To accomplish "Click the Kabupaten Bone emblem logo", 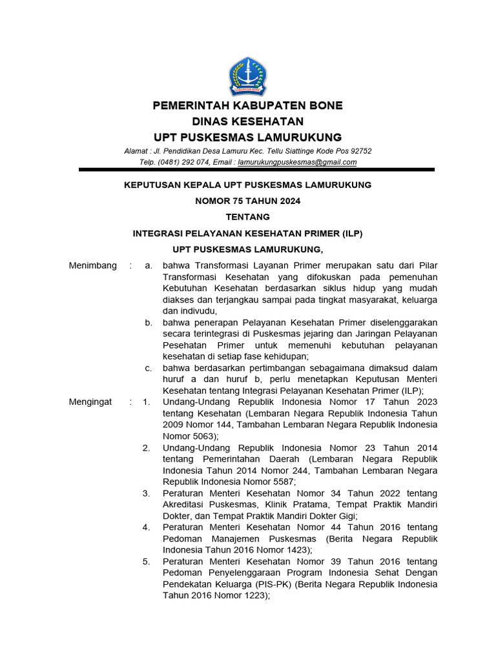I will point(247,76).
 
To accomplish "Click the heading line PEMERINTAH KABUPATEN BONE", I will point(247,105).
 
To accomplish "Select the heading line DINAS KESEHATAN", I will point(247,121).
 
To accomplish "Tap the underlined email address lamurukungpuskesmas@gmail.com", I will point(297,163).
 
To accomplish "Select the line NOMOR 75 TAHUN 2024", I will point(247,201).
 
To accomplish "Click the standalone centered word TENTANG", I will point(247,217).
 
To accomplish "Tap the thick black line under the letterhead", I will point(256,170).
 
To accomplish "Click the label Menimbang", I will point(93,265).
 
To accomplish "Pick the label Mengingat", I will point(90,402).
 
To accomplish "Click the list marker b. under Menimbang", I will point(149,322).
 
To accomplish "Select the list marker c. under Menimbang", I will point(149,368).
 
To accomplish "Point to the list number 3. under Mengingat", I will point(147,493).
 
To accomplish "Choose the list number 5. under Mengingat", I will point(147,562).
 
